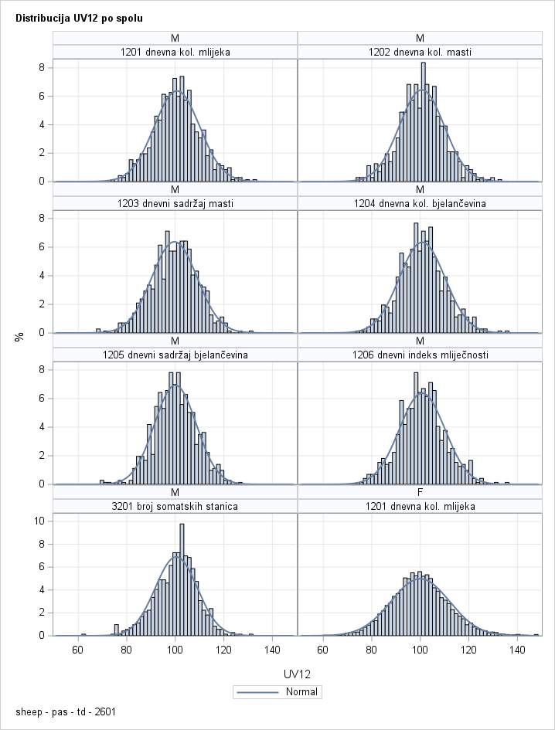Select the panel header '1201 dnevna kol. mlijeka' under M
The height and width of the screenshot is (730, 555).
(175, 52)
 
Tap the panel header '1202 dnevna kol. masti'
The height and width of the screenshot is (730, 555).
(420, 52)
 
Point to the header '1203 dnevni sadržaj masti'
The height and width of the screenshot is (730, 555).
(175, 203)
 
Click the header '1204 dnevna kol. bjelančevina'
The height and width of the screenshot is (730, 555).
(420, 203)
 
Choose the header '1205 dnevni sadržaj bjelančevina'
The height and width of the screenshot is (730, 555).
(175, 355)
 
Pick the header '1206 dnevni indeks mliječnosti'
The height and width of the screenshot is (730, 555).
(420, 355)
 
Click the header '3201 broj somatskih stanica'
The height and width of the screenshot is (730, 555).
(175, 506)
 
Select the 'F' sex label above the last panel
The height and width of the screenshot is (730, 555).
(420, 492)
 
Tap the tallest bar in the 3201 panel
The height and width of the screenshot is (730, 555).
(182, 579)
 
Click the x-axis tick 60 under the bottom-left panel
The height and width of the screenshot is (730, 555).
(77, 650)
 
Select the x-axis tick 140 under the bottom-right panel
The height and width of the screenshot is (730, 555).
(517, 650)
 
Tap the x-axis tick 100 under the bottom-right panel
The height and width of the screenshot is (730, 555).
(420, 650)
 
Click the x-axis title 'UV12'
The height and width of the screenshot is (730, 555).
(298, 674)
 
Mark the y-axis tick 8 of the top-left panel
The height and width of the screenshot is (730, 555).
(45, 67)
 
